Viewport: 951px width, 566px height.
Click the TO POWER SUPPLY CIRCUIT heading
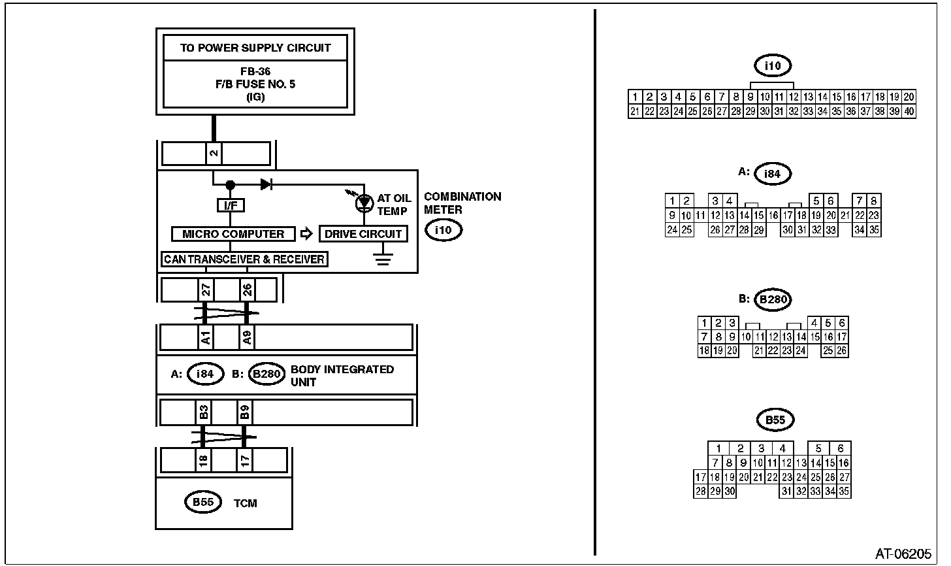(255, 48)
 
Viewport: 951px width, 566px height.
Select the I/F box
(230, 206)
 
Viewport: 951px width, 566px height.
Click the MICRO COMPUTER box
(233, 234)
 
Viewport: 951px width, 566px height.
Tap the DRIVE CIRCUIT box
(363, 234)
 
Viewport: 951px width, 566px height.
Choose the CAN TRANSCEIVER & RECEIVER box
(244, 259)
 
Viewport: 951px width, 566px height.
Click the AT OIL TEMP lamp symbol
(363, 203)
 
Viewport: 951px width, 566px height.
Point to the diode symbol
(266, 184)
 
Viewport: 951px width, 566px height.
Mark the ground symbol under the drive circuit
(383, 259)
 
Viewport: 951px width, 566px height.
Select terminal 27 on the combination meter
(205, 290)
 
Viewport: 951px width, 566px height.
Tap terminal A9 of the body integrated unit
(247, 338)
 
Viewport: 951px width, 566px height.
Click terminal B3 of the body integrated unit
(204, 412)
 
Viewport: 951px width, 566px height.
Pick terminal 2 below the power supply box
(214, 154)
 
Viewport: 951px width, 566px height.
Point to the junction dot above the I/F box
(230, 185)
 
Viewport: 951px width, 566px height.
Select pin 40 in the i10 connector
(909, 112)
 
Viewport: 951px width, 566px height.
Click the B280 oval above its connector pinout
(773, 300)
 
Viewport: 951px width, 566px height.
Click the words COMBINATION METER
(462, 203)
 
